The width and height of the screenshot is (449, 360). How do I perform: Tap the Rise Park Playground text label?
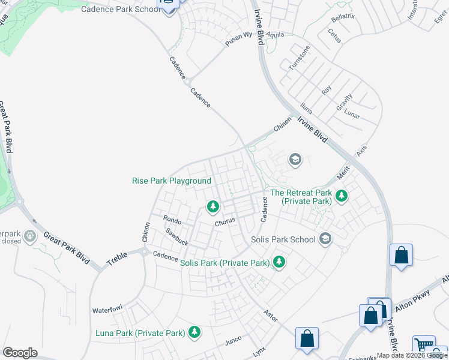(172, 181)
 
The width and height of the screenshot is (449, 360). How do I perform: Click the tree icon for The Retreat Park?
(342, 196)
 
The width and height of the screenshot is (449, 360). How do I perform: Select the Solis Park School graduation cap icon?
(325, 239)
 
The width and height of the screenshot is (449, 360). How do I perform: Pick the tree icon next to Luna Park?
(194, 332)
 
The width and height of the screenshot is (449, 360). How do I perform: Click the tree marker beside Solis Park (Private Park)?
(279, 262)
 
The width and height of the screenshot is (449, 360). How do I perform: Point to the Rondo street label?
(172, 220)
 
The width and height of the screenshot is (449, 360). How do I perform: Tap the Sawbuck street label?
(177, 238)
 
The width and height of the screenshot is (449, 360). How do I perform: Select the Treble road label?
(118, 259)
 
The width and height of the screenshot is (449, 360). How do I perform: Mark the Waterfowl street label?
(107, 310)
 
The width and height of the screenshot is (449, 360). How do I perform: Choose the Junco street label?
(233, 340)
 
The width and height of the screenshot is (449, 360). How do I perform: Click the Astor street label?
(271, 315)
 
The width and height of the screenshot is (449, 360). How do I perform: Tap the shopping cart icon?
(424, 346)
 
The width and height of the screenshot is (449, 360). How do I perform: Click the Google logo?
(20, 353)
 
